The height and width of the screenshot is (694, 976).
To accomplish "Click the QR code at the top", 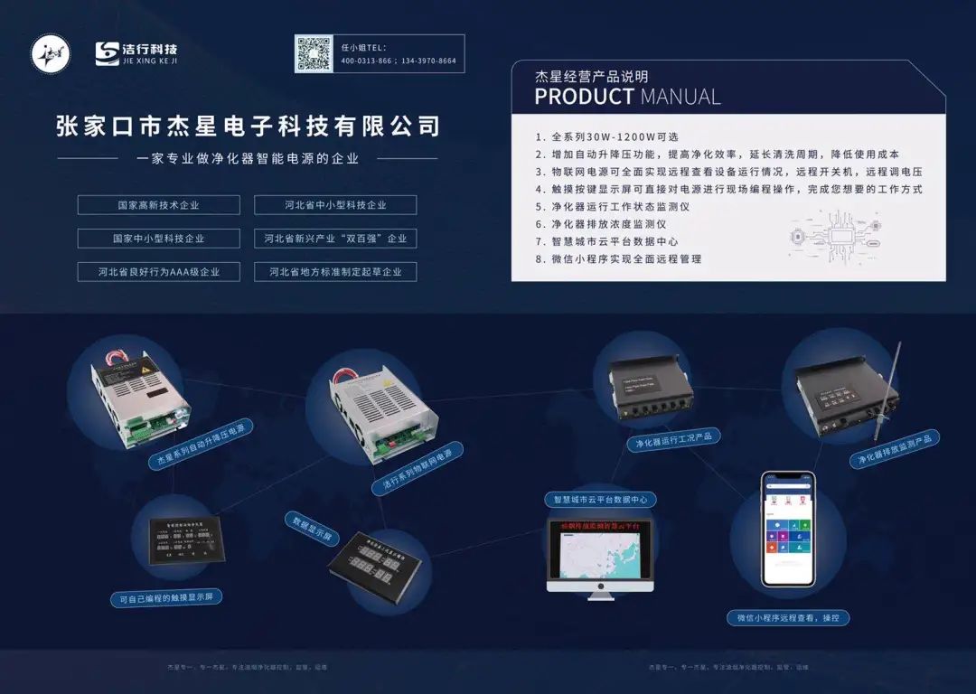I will [x=314, y=53].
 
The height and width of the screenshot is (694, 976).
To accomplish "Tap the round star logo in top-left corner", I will [x=50, y=53].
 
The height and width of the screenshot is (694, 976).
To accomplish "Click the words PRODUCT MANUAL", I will [x=627, y=97].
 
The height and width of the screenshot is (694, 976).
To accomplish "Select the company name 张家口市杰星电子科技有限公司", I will [x=248, y=126].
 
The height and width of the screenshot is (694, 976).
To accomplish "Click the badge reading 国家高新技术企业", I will [x=158, y=205].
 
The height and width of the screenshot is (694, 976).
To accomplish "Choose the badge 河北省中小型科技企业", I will [x=335, y=205].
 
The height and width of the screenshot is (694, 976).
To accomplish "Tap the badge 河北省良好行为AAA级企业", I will [x=158, y=271].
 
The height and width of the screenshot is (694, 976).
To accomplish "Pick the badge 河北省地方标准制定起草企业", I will [x=335, y=271].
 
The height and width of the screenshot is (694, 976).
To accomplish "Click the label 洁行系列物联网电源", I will [x=418, y=467].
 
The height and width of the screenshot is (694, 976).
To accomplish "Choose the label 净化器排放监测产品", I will [x=898, y=448].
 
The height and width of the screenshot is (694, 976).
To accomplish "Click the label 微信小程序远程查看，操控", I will [x=788, y=618].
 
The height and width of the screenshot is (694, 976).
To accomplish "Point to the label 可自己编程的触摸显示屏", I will [x=166, y=597].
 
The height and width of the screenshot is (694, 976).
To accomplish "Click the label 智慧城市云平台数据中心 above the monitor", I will [x=599, y=499].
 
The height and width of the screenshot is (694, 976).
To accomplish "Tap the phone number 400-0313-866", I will [x=366, y=61].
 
